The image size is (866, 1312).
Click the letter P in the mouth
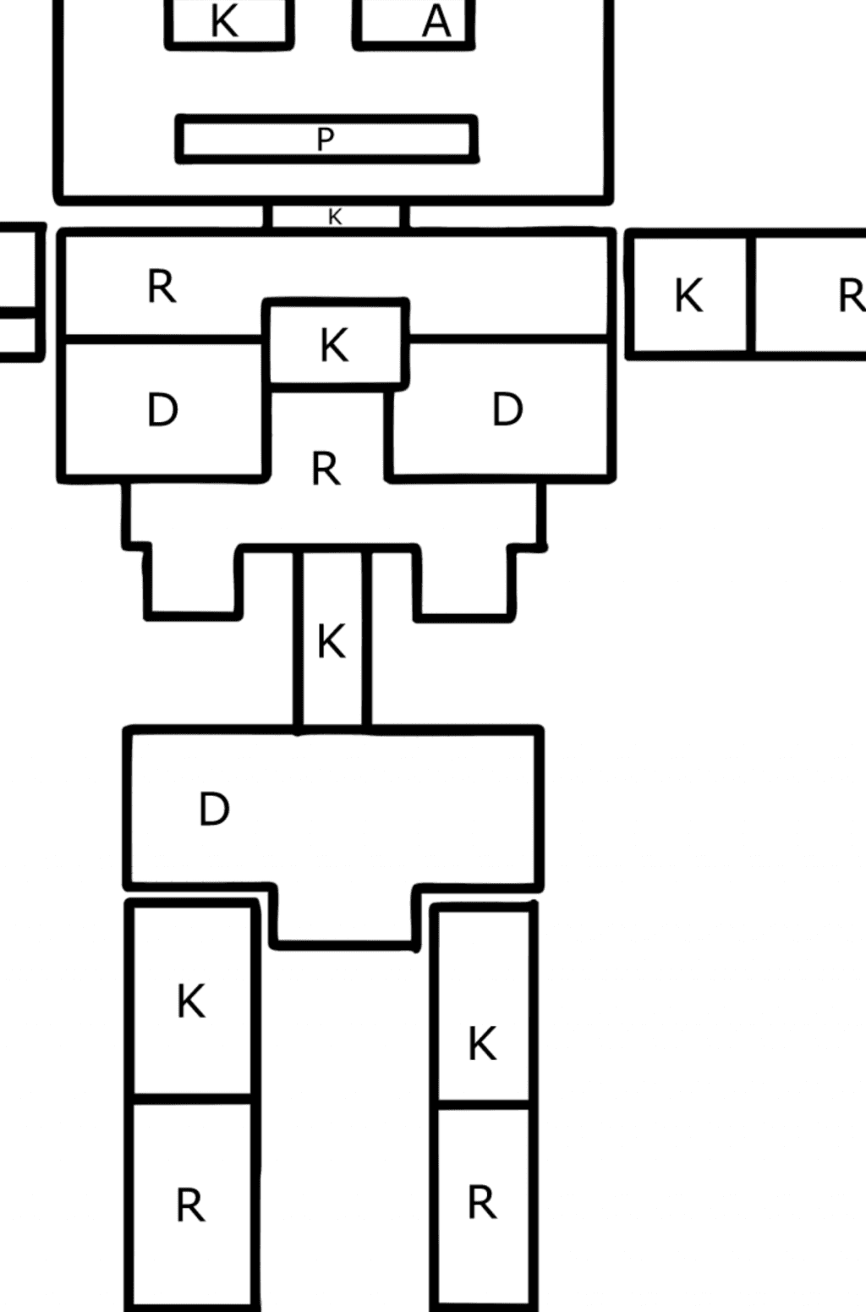point(326,139)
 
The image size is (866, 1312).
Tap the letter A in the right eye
point(436,21)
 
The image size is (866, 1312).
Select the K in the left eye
point(224,21)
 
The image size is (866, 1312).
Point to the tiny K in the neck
point(335,217)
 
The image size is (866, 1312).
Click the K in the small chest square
point(334,345)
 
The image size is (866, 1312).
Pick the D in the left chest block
point(162,410)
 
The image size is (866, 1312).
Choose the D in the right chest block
point(507,409)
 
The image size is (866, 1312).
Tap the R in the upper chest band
point(162,287)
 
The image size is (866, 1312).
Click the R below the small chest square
point(326,469)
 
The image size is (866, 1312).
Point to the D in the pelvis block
point(214,810)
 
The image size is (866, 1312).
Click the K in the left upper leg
point(191,1002)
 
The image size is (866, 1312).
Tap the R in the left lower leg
point(191,1205)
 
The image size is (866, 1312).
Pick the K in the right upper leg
point(482,1043)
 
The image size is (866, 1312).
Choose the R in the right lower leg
point(482,1202)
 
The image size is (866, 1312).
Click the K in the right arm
point(688,296)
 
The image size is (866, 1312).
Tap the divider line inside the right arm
point(750,294)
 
